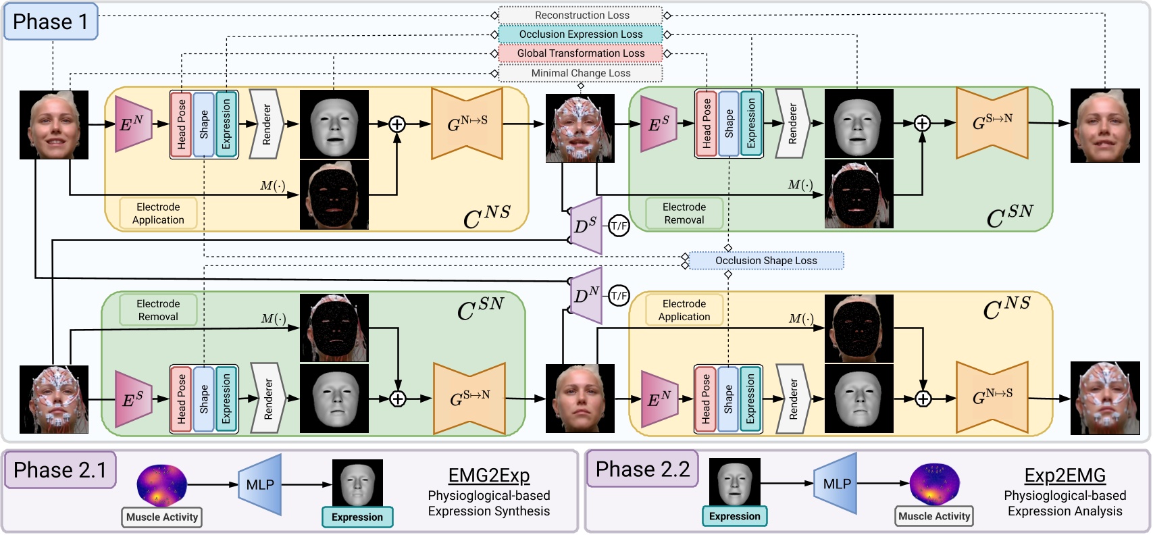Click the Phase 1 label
coord(51,22)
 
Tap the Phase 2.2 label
coord(642,469)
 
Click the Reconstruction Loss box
coord(581,16)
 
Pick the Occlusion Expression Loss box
coord(581,34)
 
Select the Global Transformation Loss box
coord(581,53)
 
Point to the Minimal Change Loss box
coord(581,73)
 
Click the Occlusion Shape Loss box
coord(766,261)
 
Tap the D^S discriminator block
coord(586,226)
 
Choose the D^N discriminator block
coord(586,296)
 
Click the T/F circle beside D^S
coord(619,226)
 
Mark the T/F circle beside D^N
coord(619,296)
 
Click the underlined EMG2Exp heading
coord(489,476)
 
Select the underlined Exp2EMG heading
coord(1065,476)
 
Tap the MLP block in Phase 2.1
coord(260,484)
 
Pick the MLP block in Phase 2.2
coord(836,484)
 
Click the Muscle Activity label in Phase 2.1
coord(162,517)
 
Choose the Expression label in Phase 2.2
coord(734,516)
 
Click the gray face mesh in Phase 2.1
coord(357,483)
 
